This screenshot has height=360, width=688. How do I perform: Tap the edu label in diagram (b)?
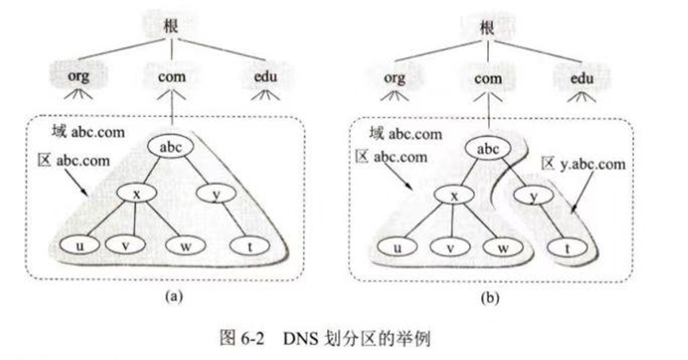tap(582, 79)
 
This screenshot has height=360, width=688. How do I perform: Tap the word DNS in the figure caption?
tap(297, 338)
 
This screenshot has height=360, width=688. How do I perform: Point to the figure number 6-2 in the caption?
tap(257, 338)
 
